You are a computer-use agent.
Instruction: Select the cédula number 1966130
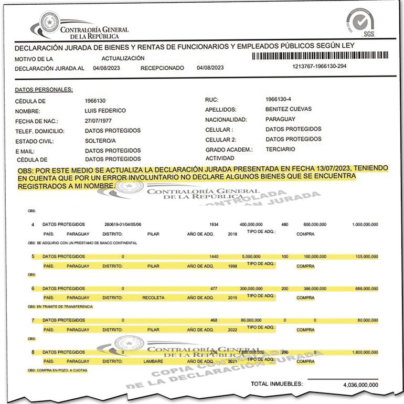(x=95, y=100)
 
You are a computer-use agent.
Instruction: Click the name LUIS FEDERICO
(x=105, y=110)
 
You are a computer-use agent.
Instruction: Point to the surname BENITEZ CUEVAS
(x=289, y=109)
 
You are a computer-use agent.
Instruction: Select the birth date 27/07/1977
(x=99, y=120)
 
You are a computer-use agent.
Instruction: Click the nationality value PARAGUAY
(x=280, y=119)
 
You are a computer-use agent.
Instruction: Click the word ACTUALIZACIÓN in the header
(x=123, y=58)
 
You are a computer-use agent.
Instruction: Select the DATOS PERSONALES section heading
(x=44, y=90)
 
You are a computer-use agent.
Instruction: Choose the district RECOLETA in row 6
(x=153, y=297)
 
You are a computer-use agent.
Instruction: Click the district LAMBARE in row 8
(x=154, y=362)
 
